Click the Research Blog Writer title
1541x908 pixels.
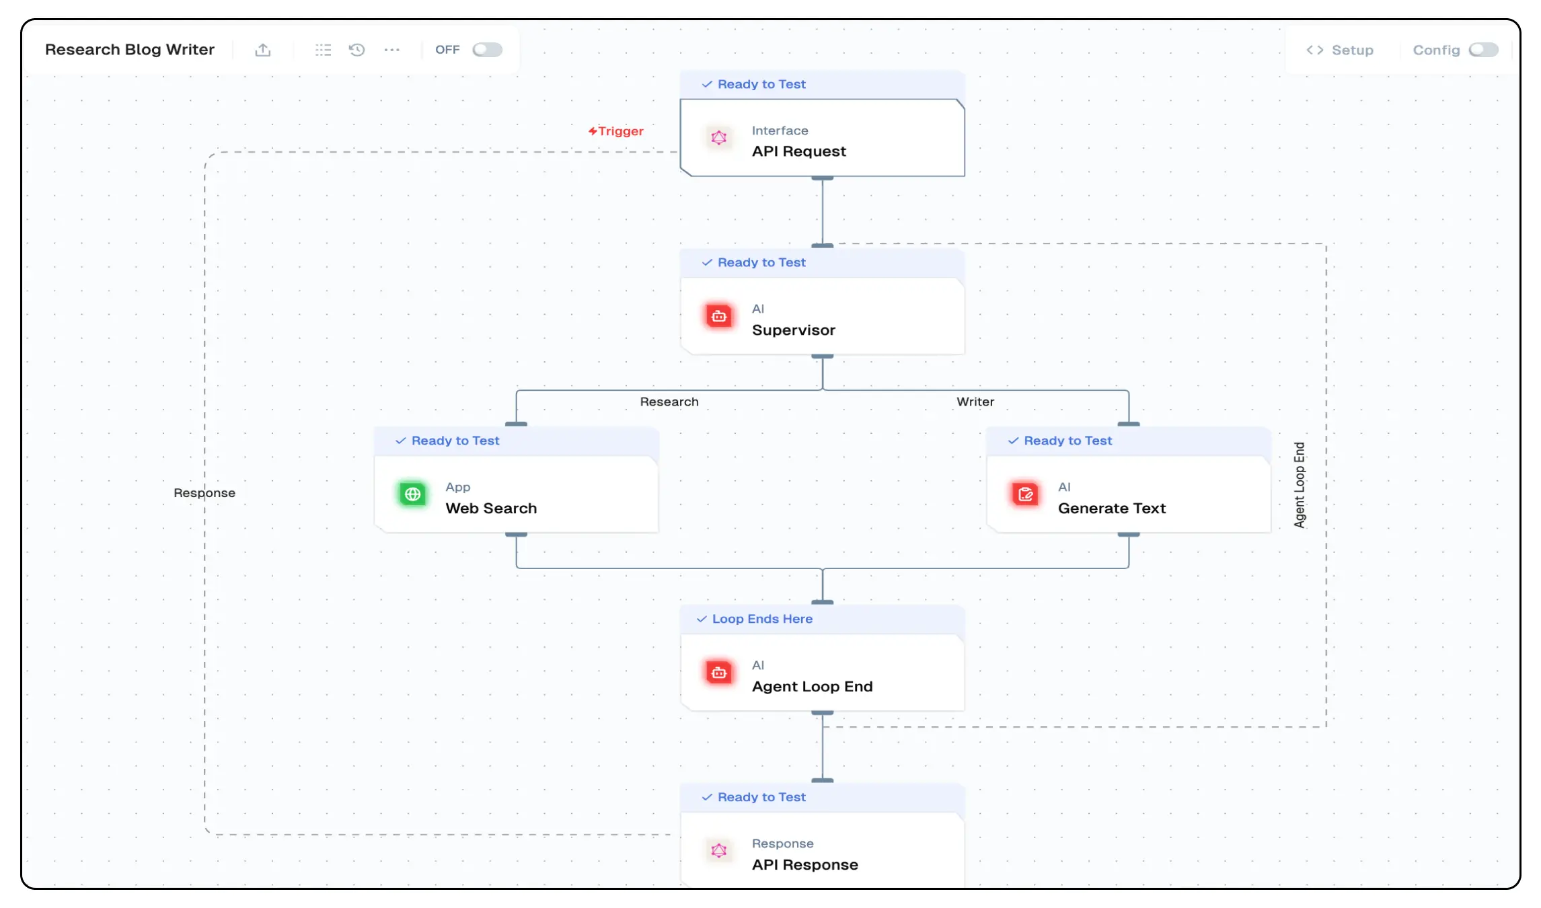130,50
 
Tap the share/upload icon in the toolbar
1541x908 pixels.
263,50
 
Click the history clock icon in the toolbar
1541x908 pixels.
357,50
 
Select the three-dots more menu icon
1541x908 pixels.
392,50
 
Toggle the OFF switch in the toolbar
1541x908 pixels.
487,50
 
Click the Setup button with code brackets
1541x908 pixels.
1340,50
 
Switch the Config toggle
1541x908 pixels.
1483,50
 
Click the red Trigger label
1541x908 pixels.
616,131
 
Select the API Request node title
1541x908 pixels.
799,151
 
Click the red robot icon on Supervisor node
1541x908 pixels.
719,316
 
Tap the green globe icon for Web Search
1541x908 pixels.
413,494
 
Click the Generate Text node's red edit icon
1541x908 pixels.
1026,494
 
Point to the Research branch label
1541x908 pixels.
669,402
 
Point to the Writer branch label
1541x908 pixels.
975,402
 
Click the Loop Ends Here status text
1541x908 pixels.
762,619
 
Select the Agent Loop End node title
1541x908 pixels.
813,686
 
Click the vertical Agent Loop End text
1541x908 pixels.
1300,485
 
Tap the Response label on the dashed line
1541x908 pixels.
204,493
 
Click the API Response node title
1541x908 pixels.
805,864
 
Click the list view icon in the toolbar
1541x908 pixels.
324,50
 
